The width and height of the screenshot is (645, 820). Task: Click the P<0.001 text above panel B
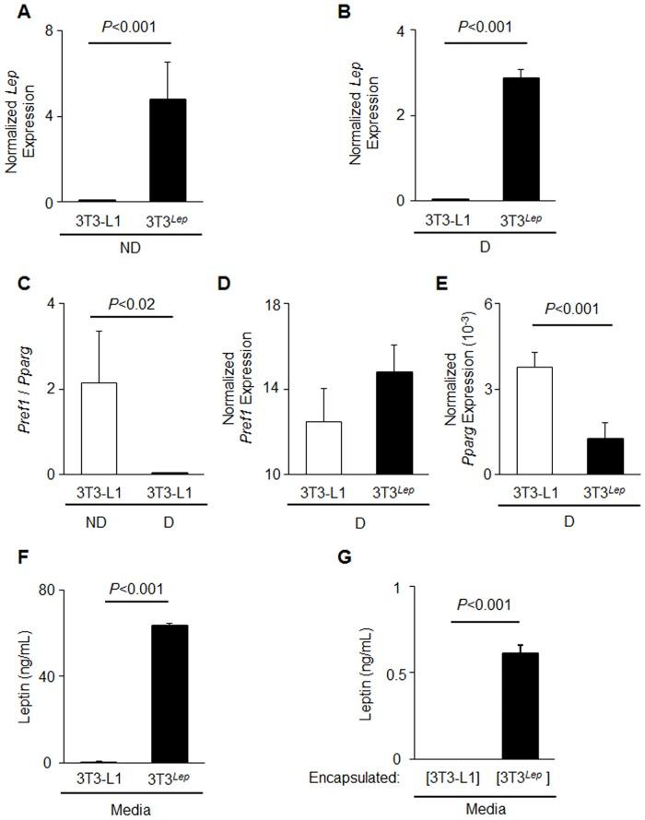[x=485, y=29]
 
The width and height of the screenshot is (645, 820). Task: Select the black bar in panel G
[x=520, y=706]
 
